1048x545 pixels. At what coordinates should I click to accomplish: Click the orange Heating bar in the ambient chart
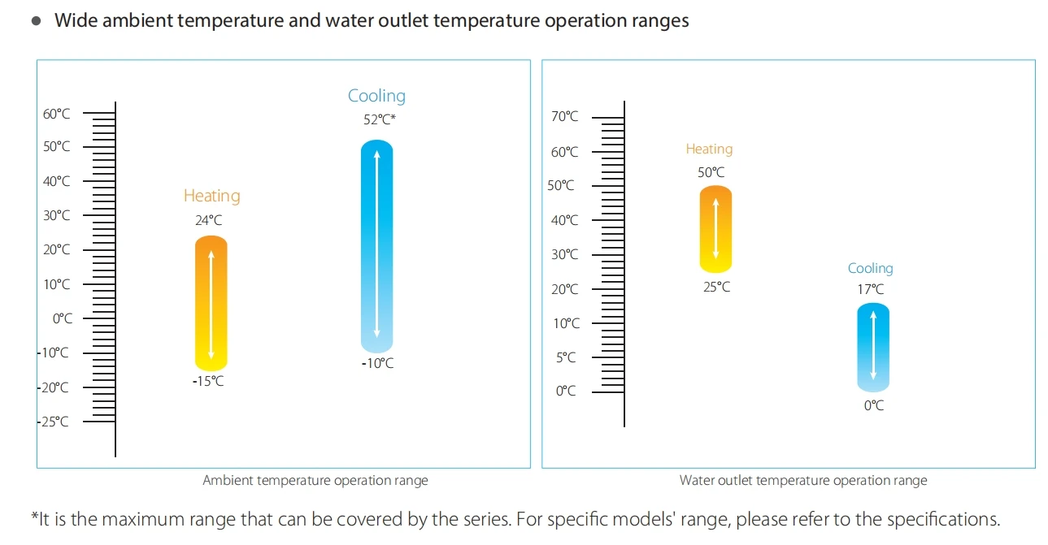click(x=211, y=302)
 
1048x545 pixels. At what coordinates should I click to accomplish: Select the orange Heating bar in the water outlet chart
click(x=715, y=229)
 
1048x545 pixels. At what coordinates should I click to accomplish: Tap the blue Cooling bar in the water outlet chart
click(x=872, y=347)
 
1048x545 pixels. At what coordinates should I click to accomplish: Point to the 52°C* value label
click(x=379, y=119)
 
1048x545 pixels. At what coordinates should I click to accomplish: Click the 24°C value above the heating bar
click(x=208, y=219)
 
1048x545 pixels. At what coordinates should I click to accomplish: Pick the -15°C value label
click(x=208, y=381)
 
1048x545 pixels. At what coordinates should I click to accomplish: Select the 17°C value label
click(x=870, y=289)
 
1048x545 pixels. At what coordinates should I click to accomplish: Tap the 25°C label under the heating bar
click(x=716, y=287)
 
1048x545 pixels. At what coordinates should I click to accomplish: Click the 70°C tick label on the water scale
click(x=564, y=117)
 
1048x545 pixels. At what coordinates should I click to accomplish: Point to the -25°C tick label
click(x=54, y=422)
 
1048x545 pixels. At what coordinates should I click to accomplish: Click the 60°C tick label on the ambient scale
click(x=56, y=114)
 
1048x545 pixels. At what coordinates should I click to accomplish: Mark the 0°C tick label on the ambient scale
click(x=63, y=318)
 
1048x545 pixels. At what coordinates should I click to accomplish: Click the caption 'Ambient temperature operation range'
click(x=315, y=480)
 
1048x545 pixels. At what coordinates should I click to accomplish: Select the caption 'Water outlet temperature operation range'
click(x=803, y=480)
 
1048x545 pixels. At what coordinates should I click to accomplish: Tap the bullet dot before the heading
click(x=36, y=21)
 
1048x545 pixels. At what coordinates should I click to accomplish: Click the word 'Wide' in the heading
click(x=76, y=21)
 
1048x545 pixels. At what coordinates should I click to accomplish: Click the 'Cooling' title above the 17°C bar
click(x=870, y=268)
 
